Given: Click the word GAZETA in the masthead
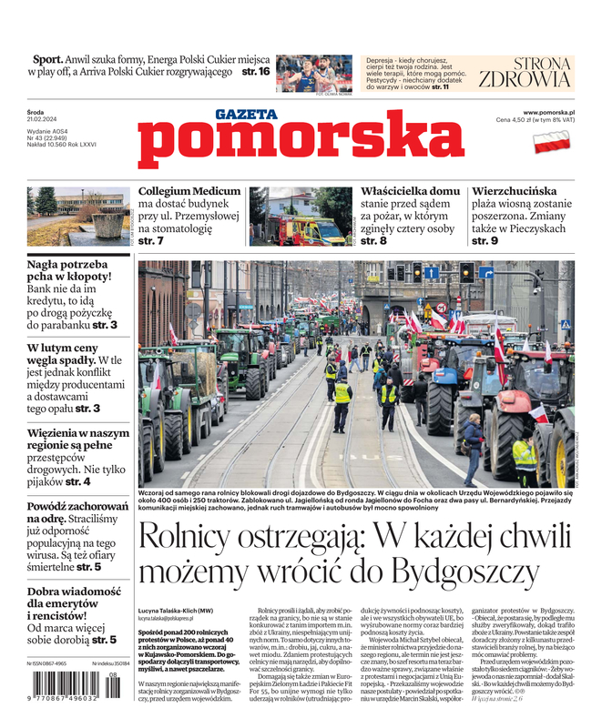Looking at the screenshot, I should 246,115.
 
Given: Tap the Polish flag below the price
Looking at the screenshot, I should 551,142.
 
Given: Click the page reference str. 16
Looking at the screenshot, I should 256,72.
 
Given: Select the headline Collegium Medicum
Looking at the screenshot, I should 189,192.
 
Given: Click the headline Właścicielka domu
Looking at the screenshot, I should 410,192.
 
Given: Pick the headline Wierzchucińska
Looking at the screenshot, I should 514,192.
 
